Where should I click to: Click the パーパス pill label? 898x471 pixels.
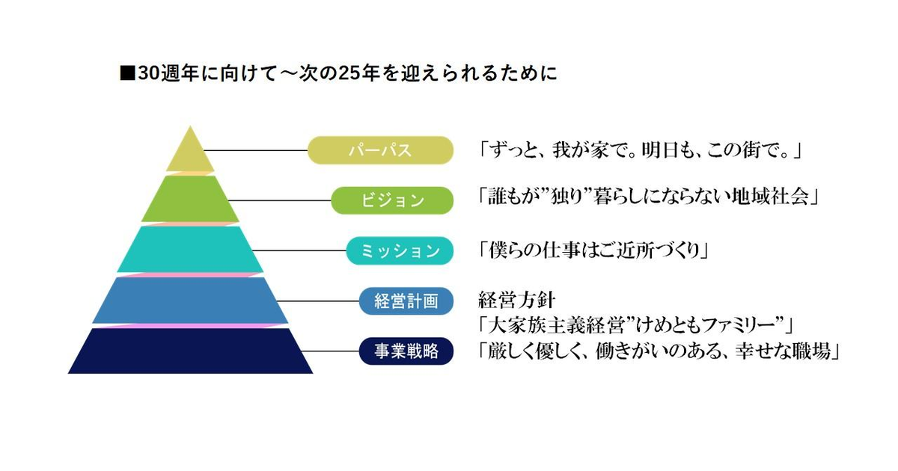point(380,150)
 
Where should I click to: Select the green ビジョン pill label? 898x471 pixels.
point(392,200)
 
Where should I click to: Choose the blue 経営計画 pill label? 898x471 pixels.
point(406,301)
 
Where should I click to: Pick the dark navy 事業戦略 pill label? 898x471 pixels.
point(406,351)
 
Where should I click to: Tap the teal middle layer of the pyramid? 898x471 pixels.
point(190,249)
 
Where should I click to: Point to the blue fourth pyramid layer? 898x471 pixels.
point(190,300)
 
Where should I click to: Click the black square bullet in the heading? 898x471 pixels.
point(126,74)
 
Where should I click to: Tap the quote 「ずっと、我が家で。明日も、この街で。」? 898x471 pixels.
point(641,150)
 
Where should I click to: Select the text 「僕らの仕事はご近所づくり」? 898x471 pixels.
point(594,250)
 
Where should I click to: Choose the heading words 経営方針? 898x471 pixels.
point(516,301)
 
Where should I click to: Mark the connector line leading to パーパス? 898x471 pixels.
point(254,150)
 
